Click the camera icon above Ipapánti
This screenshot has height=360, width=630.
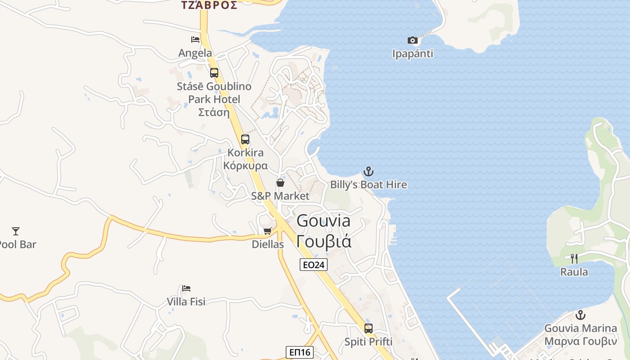pyautogui.click(x=413, y=40)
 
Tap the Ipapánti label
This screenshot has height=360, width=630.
pyautogui.click(x=413, y=54)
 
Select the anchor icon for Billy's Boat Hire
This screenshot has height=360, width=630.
pyautogui.click(x=369, y=171)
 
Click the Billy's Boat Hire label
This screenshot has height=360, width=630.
pyautogui.click(x=369, y=184)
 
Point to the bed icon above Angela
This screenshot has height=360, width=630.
pyautogui.click(x=195, y=40)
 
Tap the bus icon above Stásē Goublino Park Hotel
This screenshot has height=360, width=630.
pyautogui.click(x=214, y=72)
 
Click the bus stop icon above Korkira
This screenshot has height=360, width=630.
pyautogui.click(x=245, y=139)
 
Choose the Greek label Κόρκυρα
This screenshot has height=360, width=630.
pyautogui.click(x=245, y=165)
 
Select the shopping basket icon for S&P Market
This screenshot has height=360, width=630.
pyautogui.click(x=280, y=183)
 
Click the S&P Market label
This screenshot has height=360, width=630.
pyautogui.click(x=280, y=196)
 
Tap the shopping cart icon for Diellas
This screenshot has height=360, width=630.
pyautogui.click(x=268, y=231)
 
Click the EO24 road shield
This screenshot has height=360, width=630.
pyautogui.click(x=314, y=265)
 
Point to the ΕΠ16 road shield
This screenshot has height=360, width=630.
pyautogui.click(x=300, y=352)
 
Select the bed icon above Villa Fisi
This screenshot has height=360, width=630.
pyautogui.click(x=186, y=288)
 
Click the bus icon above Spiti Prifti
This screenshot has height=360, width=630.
pyautogui.click(x=369, y=328)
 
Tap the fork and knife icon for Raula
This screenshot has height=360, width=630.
pyautogui.click(x=574, y=258)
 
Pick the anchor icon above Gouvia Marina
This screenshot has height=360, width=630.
pyautogui.click(x=580, y=315)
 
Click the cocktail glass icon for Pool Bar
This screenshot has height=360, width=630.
pyautogui.click(x=16, y=231)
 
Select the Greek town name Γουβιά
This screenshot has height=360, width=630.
pyautogui.click(x=324, y=241)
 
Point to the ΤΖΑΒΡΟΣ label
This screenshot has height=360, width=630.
pyautogui.click(x=209, y=5)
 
